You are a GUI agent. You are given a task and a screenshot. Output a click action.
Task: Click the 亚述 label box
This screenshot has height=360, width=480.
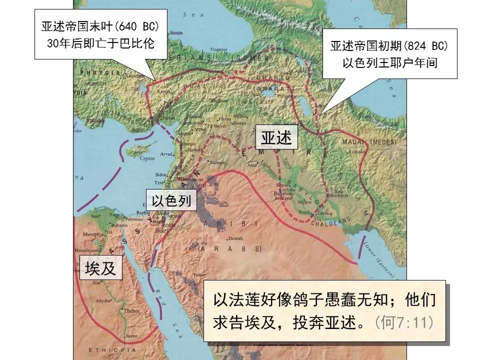coord(276,138)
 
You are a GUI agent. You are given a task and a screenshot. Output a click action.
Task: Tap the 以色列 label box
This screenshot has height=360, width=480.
coord(171,200)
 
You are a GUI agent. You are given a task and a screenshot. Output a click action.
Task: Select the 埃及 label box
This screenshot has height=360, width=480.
coord(100,268)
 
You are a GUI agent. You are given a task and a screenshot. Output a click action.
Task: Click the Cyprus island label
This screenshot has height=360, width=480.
coord(147,158)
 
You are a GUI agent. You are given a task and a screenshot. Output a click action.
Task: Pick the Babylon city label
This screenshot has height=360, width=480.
coord(283,193)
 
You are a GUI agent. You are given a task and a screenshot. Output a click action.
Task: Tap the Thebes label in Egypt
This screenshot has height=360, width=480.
coord(131,311)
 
